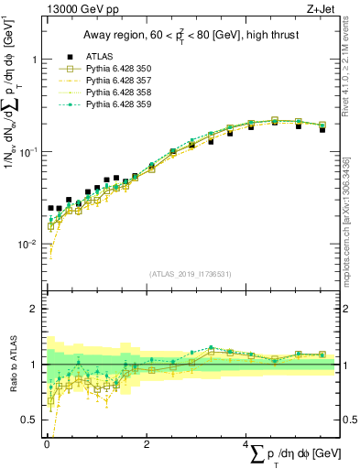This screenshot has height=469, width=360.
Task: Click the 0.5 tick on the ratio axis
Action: (x=28, y=420)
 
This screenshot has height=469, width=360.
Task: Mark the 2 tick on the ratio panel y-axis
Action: (x=34, y=309)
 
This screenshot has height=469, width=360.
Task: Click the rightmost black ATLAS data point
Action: (x=322, y=130)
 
